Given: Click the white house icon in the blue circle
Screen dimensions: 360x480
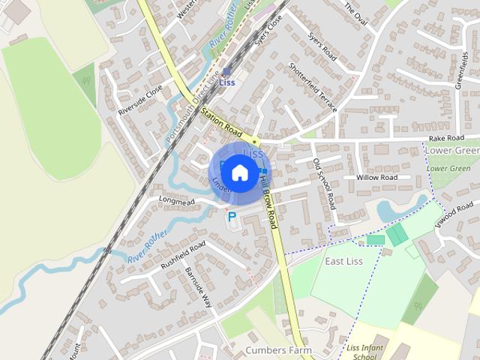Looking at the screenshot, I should click(x=239, y=172).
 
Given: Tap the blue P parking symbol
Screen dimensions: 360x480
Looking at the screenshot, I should click(x=232, y=217).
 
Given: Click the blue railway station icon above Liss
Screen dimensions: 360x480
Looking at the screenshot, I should click(x=226, y=72).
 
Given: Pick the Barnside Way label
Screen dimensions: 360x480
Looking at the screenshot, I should click(x=199, y=286).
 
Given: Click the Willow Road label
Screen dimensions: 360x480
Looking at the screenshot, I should click(x=376, y=178).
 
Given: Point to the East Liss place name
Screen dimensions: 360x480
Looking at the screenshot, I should click(x=343, y=261).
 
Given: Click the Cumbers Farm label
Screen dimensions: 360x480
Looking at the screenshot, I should click(x=277, y=350).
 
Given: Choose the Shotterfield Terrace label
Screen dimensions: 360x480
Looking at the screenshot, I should click(x=313, y=88).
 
